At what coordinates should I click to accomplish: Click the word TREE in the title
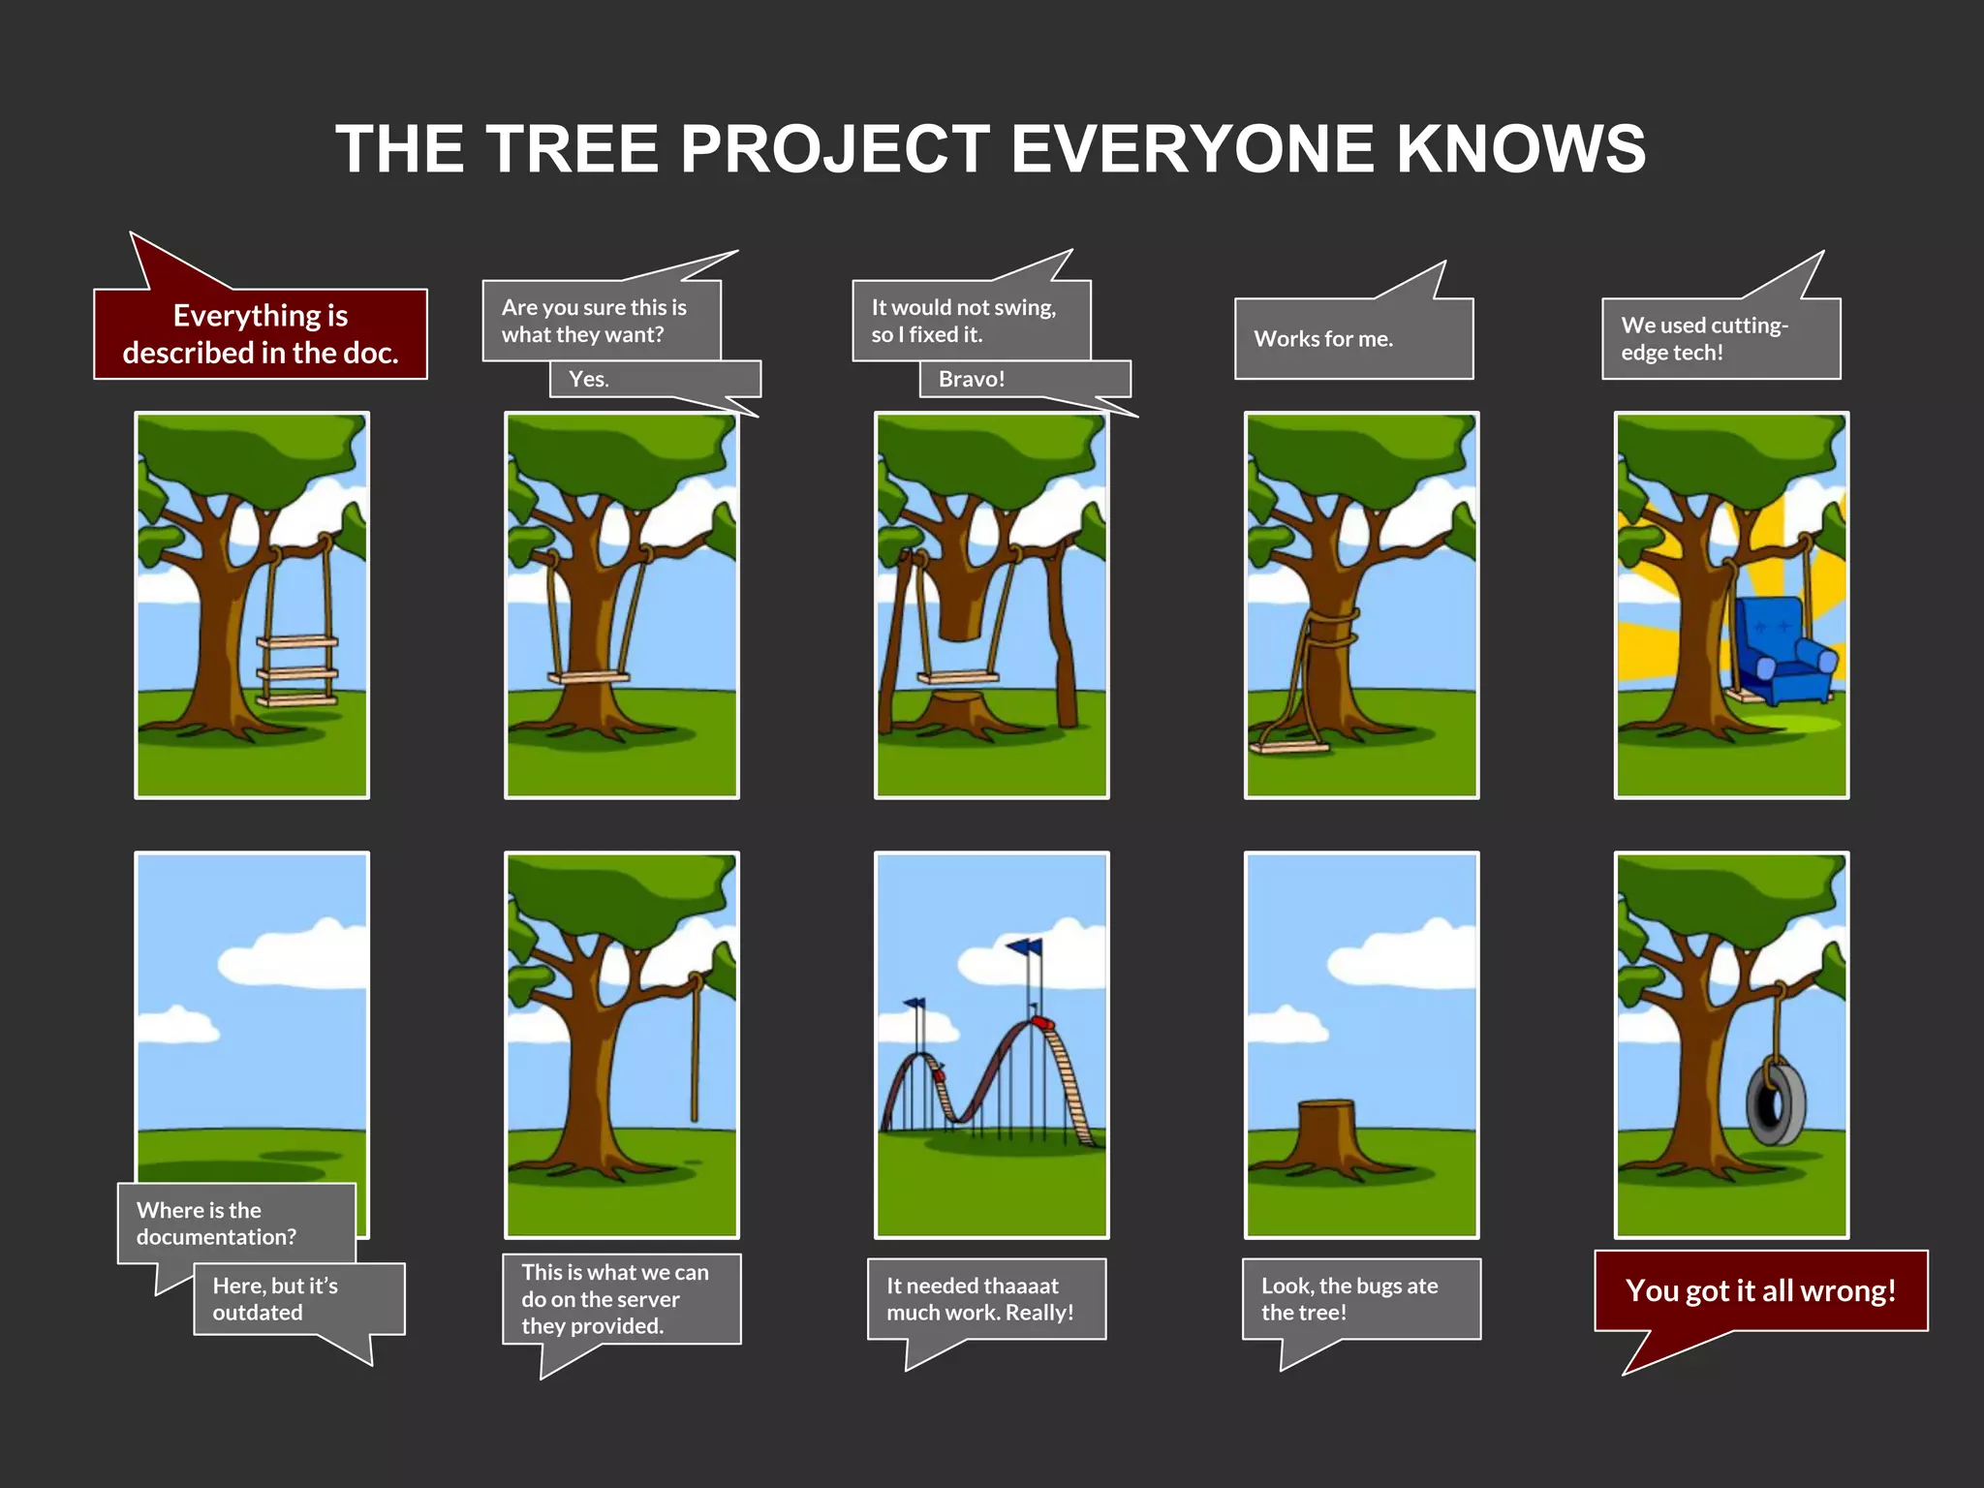click(x=572, y=149)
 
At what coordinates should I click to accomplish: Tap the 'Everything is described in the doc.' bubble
click(x=260, y=334)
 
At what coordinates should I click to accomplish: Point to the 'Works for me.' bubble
click(x=1352, y=339)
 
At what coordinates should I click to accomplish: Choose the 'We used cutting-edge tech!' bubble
click(x=1720, y=339)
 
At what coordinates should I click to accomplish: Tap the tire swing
click(x=1776, y=1104)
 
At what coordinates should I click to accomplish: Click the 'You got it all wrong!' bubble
click(x=1760, y=1291)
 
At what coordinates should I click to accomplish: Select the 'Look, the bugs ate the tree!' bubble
click(x=1360, y=1299)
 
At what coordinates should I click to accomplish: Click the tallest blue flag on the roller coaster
click(x=1025, y=946)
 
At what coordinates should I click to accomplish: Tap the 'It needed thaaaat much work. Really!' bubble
click(x=986, y=1299)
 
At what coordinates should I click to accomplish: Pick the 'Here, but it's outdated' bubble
click(x=298, y=1299)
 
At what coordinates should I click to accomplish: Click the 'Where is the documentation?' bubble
click(x=235, y=1223)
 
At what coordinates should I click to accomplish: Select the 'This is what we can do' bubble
click(x=621, y=1299)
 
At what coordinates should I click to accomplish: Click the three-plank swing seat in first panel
click(x=296, y=670)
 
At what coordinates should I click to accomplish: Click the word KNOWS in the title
click(x=1521, y=149)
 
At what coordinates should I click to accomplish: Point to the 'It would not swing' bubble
click(x=971, y=321)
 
